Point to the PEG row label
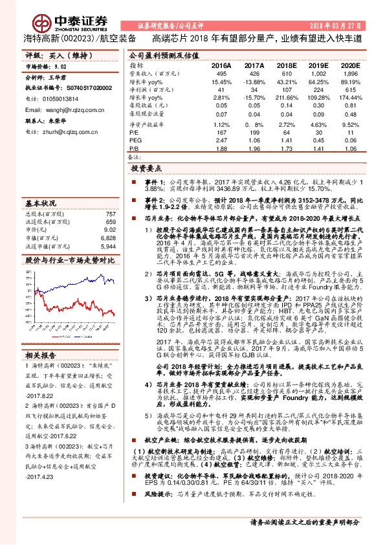click(135, 140)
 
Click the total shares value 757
click(110, 214)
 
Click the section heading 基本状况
click(40, 203)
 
